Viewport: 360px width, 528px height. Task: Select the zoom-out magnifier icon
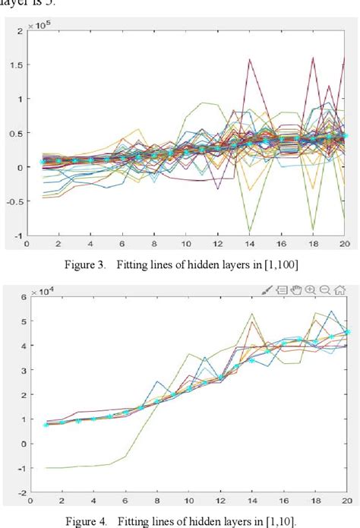(326, 289)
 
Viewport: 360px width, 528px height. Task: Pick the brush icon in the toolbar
(268, 289)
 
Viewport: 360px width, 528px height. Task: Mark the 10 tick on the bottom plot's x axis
(186, 502)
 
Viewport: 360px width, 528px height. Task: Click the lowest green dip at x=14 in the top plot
(249, 231)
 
